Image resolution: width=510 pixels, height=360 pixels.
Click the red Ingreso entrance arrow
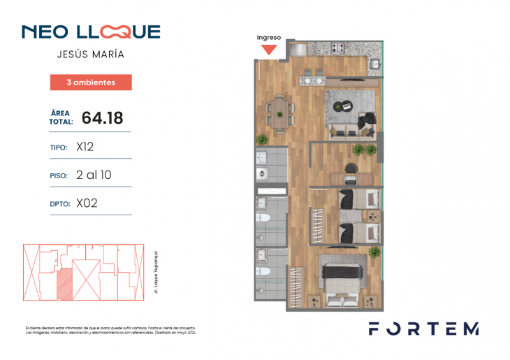(269, 50)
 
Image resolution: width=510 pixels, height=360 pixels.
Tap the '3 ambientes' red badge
(91, 82)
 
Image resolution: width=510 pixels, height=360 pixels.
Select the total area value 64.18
(97, 117)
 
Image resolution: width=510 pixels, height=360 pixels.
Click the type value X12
(85, 147)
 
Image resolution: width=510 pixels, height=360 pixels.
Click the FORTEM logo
(423, 329)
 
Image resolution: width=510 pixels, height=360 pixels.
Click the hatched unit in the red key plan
(64, 284)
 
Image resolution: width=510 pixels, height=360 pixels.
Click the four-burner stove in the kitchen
(338, 48)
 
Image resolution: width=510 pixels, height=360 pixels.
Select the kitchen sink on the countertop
(374, 64)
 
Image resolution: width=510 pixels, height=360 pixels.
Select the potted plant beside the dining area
(263, 139)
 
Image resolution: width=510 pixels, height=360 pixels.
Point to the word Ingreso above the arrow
(269, 37)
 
